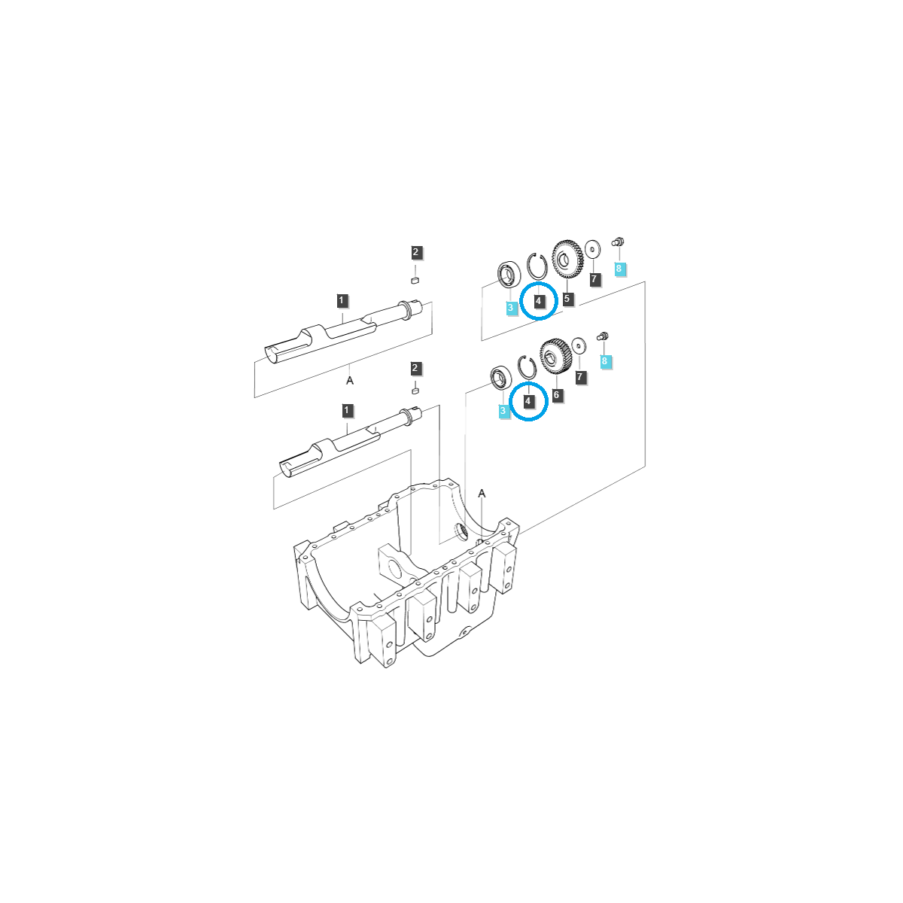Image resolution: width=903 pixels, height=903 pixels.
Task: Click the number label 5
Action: pyautogui.click(x=567, y=299)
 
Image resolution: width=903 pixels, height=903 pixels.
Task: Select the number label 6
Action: pyautogui.click(x=557, y=395)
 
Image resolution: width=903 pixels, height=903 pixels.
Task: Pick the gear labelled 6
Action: pyautogui.click(x=555, y=356)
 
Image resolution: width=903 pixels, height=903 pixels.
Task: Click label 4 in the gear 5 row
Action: pyautogui.click(x=539, y=301)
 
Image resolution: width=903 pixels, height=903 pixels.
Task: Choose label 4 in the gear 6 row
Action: pyautogui.click(x=528, y=401)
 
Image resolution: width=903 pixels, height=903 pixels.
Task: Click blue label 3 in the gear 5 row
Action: pyautogui.click(x=511, y=308)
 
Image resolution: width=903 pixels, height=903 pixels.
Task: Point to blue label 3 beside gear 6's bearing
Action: pyautogui.click(x=503, y=411)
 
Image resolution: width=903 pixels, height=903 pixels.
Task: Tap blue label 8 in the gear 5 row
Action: pyautogui.click(x=619, y=269)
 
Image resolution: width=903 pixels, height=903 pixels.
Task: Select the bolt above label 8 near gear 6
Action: pyautogui.click(x=602, y=336)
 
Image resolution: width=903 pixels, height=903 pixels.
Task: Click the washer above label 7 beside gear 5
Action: pyautogui.click(x=592, y=248)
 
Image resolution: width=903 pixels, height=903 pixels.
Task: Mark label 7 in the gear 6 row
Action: pyautogui.click(x=579, y=377)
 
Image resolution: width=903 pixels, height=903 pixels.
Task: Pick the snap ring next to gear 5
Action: pyautogui.click(x=537, y=266)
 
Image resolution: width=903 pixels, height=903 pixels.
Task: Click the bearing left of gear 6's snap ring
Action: pyautogui.click(x=499, y=377)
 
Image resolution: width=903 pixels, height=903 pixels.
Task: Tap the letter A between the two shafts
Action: pyautogui.click(x=350, y=381)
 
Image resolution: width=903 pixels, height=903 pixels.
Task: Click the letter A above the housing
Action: pyautogui.click(x=482, y=494)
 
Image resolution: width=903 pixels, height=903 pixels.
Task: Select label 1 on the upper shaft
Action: pyautogui.click(x=342, y=301)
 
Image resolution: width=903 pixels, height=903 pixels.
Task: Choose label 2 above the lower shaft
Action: pyautogui.click(x=415, y=368)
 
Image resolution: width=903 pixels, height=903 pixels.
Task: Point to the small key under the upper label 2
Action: pyautogui.click(x=414, y=280)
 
